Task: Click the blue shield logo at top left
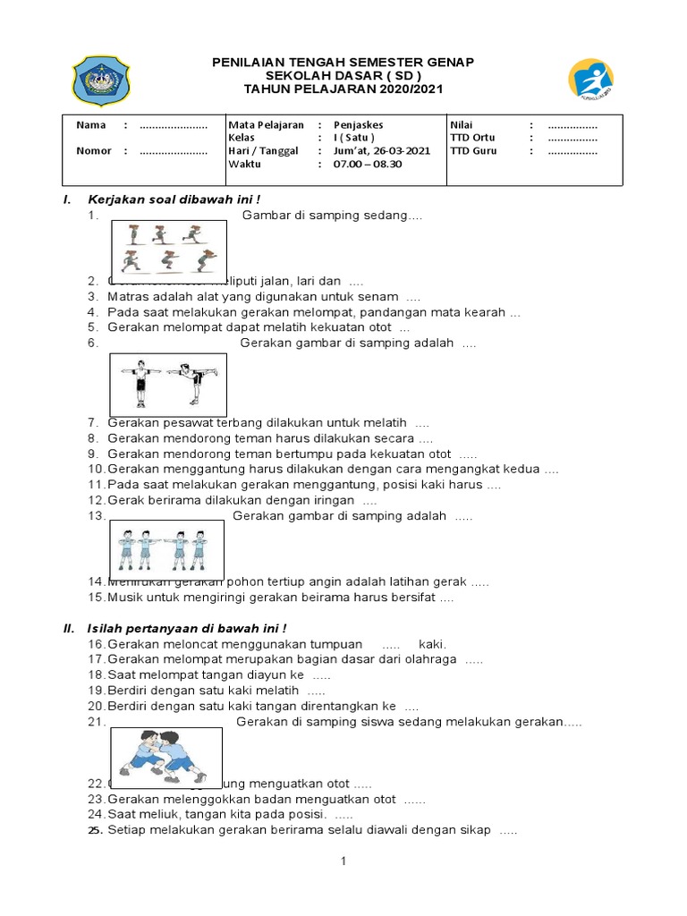101,81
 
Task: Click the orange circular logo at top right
591,78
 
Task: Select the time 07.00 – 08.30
368,165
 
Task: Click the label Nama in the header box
90,125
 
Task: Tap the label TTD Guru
472,151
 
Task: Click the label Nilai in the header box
462,125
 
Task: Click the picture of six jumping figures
168,247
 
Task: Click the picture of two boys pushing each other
165,756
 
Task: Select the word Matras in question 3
126,296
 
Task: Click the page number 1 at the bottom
343,861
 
